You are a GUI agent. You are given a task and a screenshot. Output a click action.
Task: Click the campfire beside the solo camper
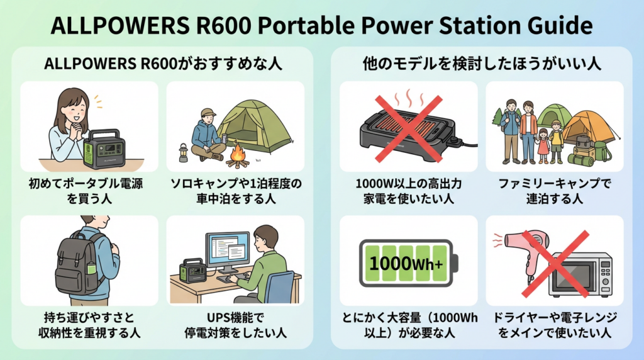tap(238, 155)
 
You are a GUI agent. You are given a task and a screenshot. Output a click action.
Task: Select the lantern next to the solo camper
tap(183, 152)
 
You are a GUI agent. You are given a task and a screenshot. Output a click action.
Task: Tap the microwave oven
tap(580, 274)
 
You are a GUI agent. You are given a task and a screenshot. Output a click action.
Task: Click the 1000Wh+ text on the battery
tap(406, 263)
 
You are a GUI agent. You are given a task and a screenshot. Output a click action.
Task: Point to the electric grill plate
tap(408, 134)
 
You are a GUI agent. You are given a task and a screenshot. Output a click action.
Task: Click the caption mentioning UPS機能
tap(235, 325)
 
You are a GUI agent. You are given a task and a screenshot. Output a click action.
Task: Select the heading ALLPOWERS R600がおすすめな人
tap(163, 64)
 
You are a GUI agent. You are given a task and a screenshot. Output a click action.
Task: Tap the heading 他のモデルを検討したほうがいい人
tap(481, 64)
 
